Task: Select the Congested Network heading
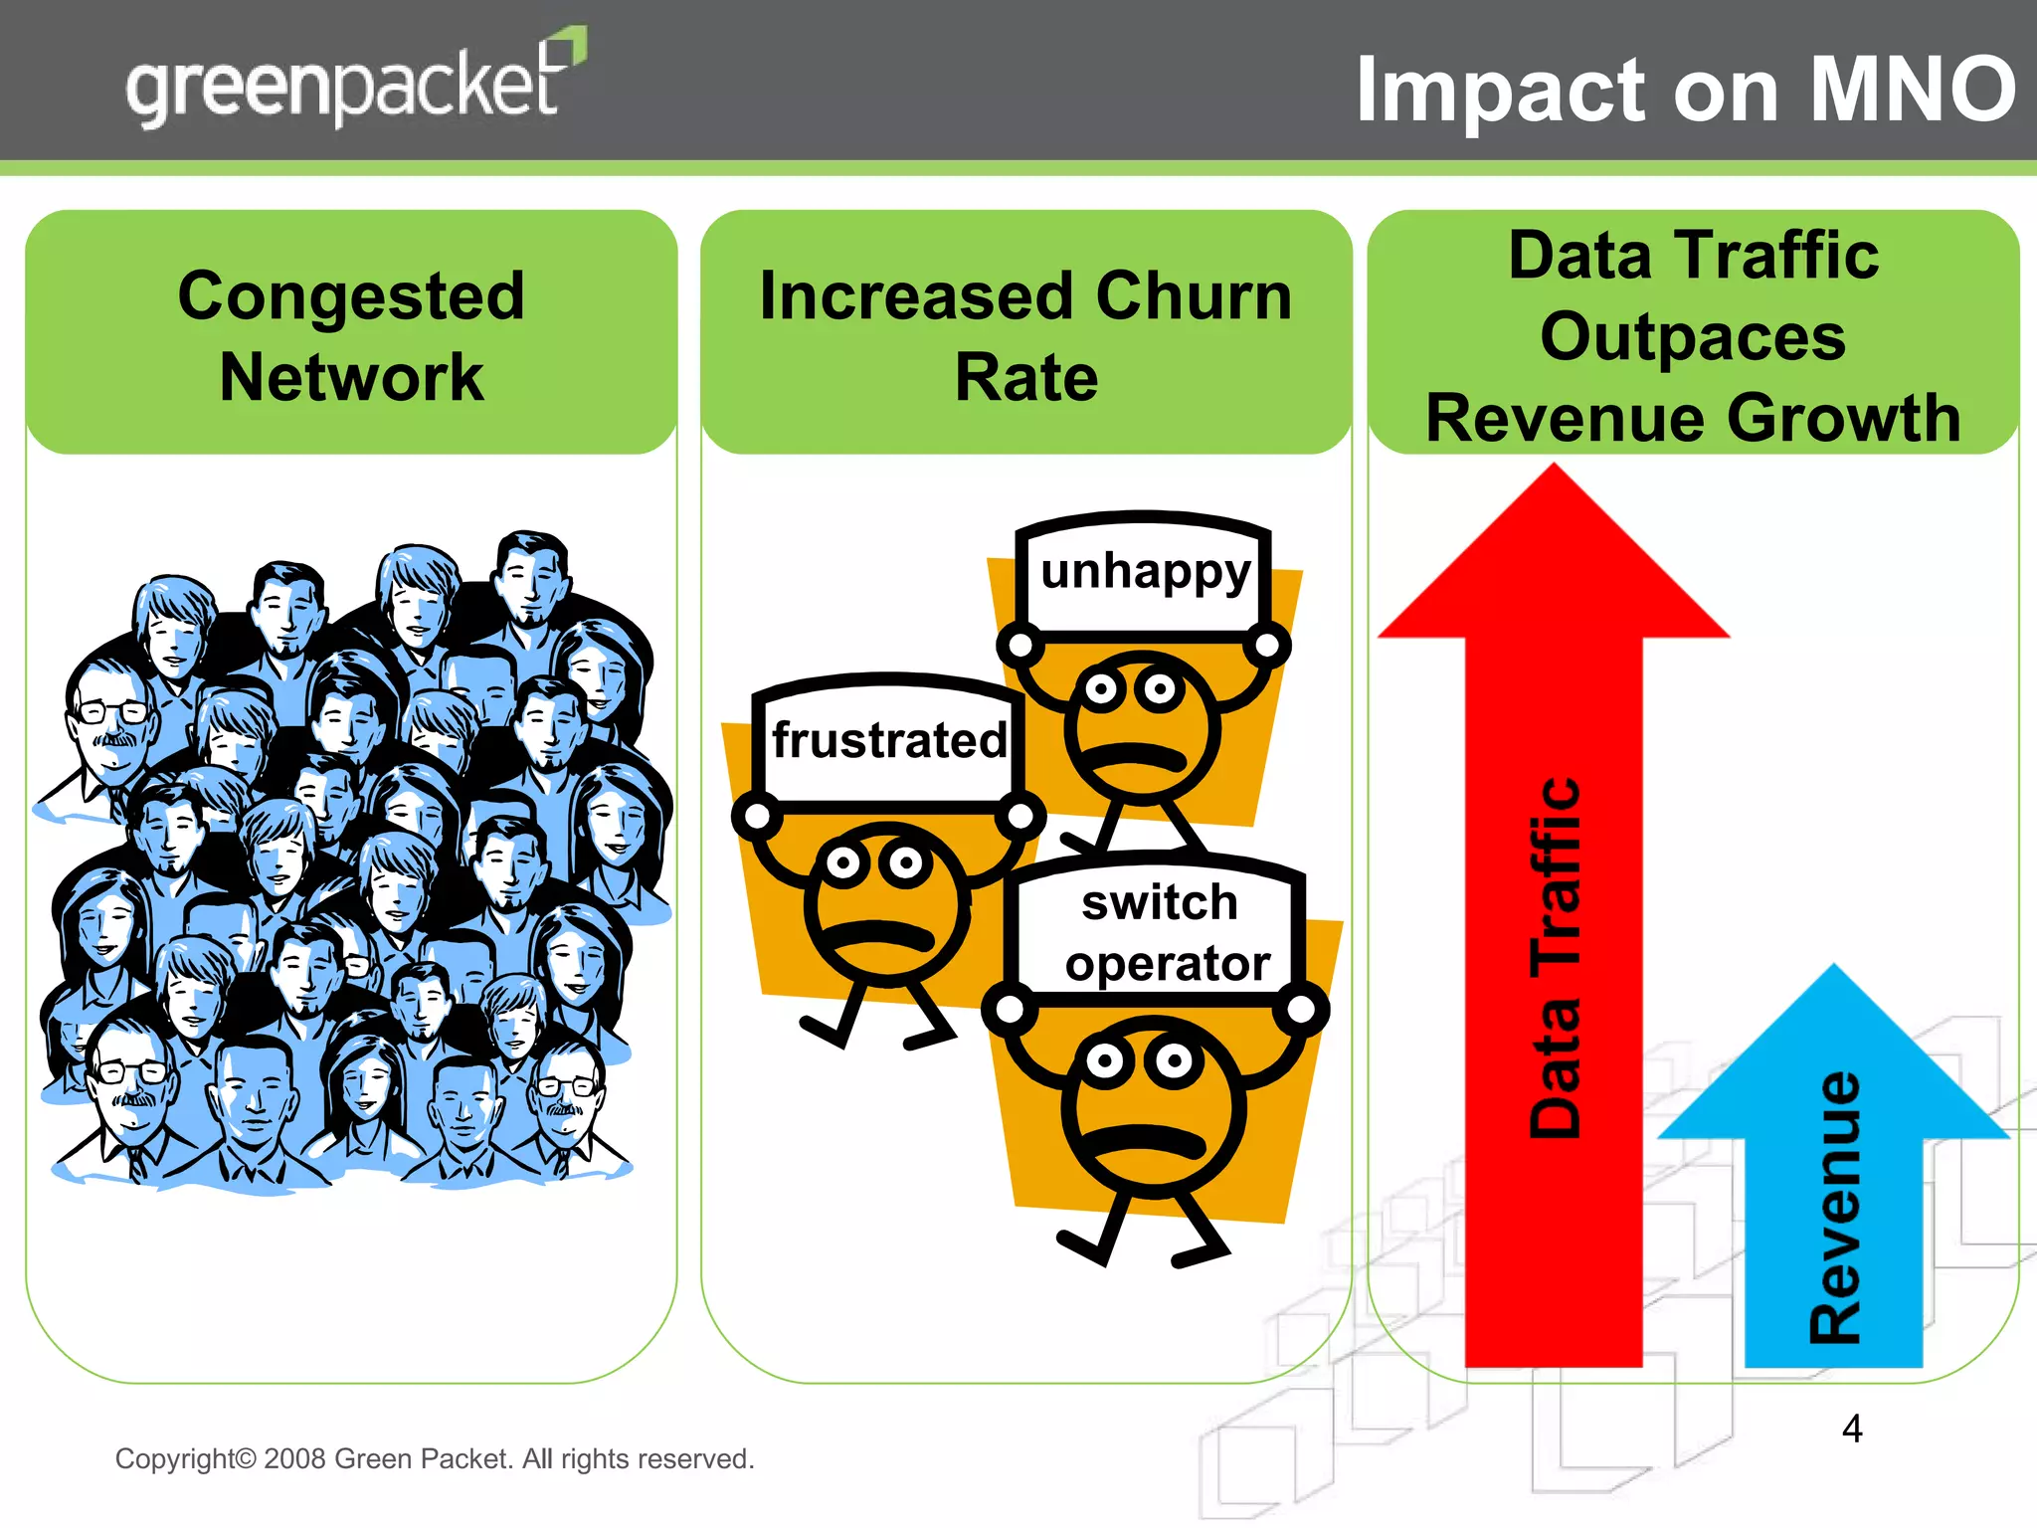[351, 336]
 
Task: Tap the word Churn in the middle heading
[1194, 296]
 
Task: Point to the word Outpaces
[1693, 336]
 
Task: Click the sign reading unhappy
[1145, 573]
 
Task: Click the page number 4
[1851, 1429]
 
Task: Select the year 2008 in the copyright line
[295, 1458]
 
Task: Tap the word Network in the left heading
[351, 378]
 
